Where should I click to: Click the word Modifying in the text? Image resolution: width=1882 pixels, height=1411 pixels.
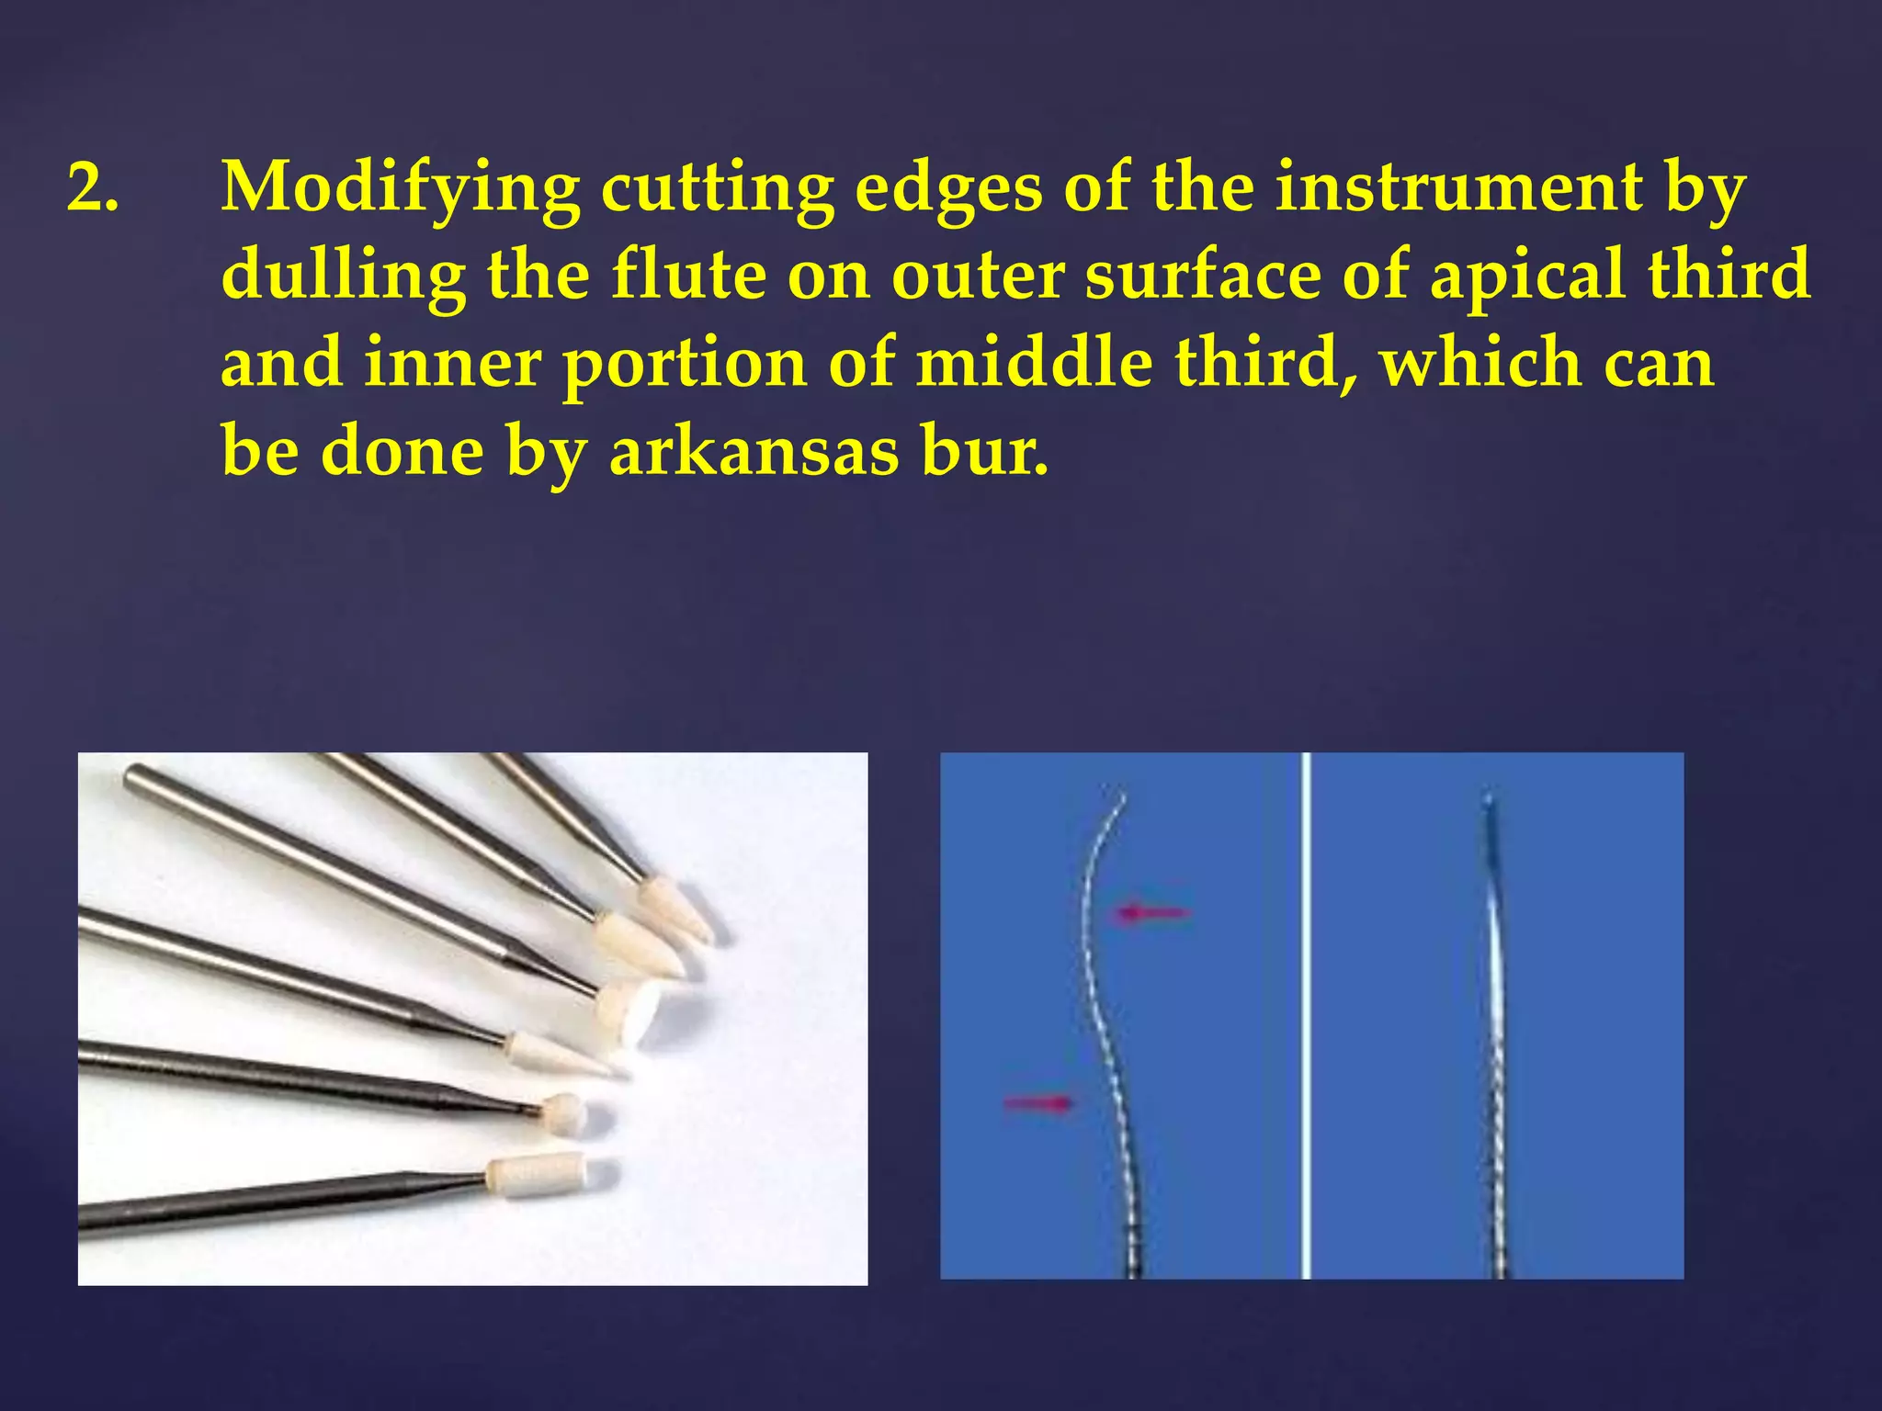[400, 189]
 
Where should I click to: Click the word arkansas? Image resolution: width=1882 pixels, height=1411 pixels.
[753, 452]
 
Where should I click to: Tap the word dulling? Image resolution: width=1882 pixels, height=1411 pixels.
[342, 276]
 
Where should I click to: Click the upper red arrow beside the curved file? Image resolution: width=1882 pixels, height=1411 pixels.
[1152, 912]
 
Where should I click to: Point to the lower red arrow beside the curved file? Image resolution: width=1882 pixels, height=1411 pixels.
[1038, 1101]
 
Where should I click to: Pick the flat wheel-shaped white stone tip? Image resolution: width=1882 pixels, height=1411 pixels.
[634, 1010]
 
